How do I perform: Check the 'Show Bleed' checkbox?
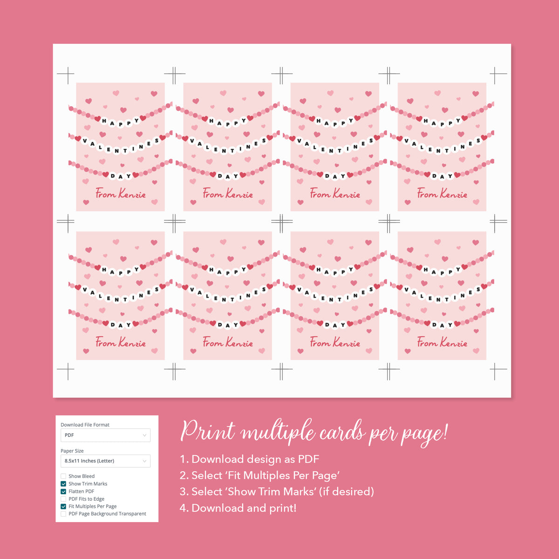click(63, 476)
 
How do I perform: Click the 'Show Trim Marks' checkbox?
click(63, 484)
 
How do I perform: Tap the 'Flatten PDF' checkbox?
click(63, 491)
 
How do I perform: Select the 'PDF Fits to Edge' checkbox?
click(63, 499)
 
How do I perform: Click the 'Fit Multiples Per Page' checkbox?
click(63, 506)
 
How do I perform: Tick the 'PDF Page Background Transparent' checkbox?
click(63, 514)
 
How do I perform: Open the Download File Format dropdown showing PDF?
click(105, 435)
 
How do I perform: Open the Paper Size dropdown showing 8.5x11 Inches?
click(105, 461)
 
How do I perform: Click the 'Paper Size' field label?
click(72, 451)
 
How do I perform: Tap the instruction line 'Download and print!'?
click(244, 508)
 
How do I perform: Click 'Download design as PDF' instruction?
click(255, 459)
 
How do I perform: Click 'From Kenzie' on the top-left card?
click(121, 193)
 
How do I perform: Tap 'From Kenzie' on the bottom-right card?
click(442, 342)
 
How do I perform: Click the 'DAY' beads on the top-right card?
click(442, 176)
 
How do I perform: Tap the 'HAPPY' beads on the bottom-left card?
click(121, 270)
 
